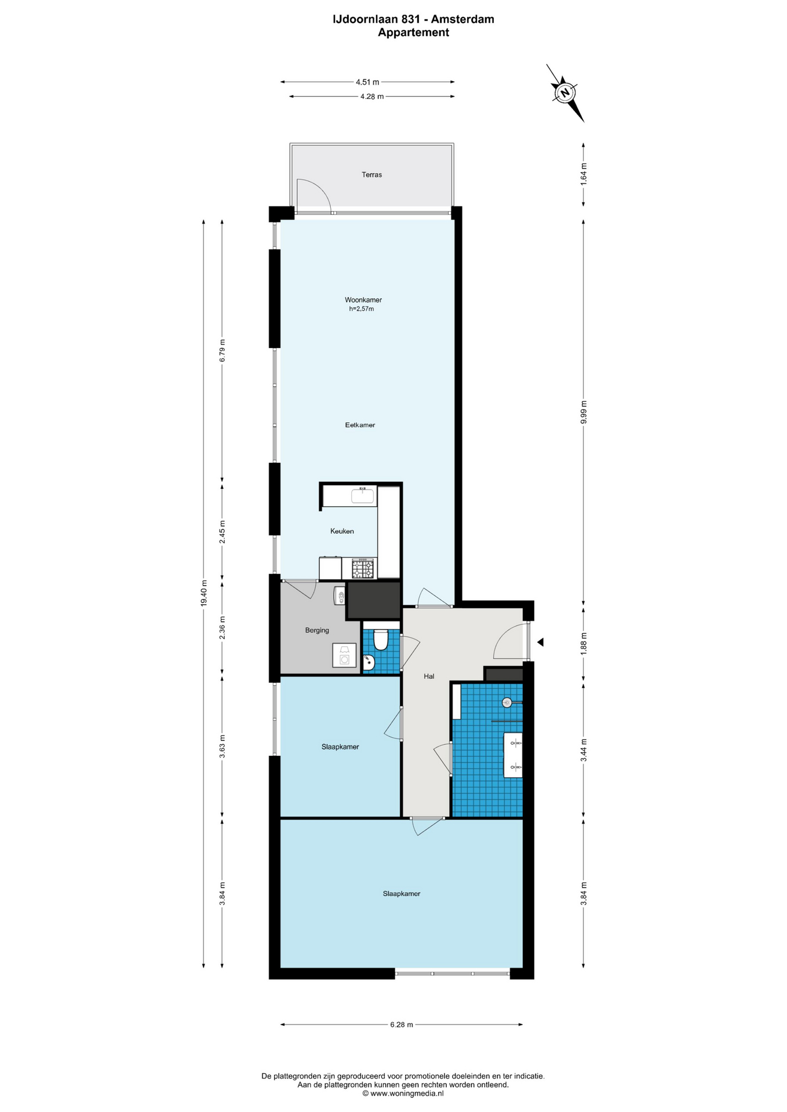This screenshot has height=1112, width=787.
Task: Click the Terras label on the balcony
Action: (x=371, y=174)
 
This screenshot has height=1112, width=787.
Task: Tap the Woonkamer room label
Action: (x=363, y=300)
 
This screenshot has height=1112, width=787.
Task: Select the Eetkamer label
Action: (x=360, y=425)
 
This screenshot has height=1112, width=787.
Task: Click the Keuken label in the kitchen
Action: (x=342, y=531)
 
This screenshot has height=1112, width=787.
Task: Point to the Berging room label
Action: (x=317, y=630)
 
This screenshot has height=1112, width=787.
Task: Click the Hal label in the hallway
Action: (x=429, y=676)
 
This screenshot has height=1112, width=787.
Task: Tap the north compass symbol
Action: (x=564, y=93)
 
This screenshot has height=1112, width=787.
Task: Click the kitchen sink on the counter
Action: (x=363, y=496)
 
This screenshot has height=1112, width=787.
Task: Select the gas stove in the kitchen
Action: (x=363, y=568)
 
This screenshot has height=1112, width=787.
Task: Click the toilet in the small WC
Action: (x=381, y=639)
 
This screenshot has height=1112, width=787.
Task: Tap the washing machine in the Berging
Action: (x=344, y=655)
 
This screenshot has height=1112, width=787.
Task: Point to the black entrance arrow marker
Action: (x=540, y=642)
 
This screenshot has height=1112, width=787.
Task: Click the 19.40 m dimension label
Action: (x=203, y=593)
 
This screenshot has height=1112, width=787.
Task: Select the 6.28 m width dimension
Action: (x=402, y=1025)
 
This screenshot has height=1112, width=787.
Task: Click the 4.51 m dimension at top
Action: (x=367, y=82)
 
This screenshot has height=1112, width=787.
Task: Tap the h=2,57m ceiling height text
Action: (x=362, y=309)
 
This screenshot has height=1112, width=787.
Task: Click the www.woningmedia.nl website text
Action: (x=407, y=1093)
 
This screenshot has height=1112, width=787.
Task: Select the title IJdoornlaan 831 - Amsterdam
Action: (x=413, y=19)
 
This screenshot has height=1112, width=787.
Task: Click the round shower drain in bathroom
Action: (x=507, y=703)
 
